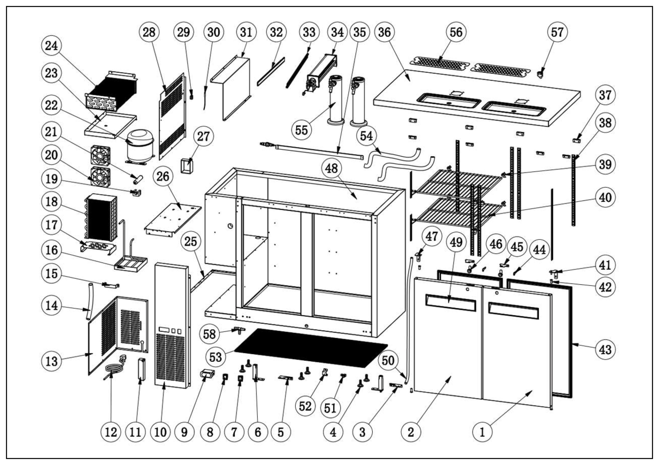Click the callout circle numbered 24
(51, 46)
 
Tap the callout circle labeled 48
(331, 168)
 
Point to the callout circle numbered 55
(301, 130)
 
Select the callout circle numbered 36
(384, 32)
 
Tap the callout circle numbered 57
(557, 32)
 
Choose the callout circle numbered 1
(482, 432)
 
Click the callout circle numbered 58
(209, 334)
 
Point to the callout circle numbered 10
(160, 432)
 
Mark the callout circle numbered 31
(246, 32)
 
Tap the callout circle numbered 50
(388, 360)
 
